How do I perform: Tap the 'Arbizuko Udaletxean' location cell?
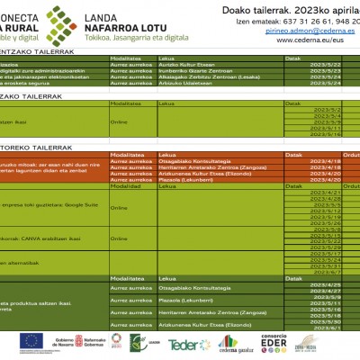[179, 80]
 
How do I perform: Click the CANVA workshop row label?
[40, 238]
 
